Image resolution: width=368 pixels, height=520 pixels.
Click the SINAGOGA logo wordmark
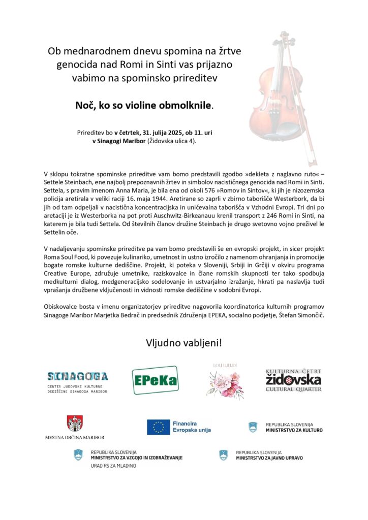click(x=77, y=376)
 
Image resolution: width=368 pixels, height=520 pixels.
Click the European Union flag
click(x=159, y=427)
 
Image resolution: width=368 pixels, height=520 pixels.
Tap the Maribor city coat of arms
click(x=75, y=424)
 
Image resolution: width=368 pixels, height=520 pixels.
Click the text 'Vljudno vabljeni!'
click(x=184, y=343)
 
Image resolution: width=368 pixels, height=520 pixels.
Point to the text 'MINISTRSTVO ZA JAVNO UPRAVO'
click(x=269, y=458)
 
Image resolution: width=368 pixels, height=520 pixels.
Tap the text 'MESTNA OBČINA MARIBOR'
click(x=75, y=437)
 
